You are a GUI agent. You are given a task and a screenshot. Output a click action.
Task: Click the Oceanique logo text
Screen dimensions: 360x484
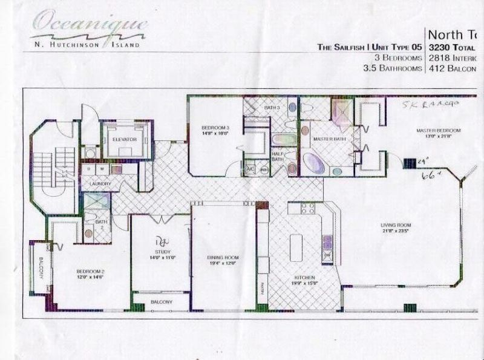pyautogui.click(x=88, y=25)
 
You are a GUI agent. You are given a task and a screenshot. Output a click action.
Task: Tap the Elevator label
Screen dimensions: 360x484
pyautogui.click(x=125, y=139)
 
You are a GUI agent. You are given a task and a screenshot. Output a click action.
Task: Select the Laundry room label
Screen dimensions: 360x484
pyautogui.click(x=97, y=183)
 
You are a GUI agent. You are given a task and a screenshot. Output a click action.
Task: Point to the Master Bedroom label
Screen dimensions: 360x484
pyautogui.click(x=437, y=131)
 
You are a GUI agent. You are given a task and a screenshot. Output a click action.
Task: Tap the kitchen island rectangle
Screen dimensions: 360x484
pyautogui.click(x=297, y=246)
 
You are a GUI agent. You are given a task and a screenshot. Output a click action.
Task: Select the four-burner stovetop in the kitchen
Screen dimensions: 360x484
pyautogui.click(x=307, y=209)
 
